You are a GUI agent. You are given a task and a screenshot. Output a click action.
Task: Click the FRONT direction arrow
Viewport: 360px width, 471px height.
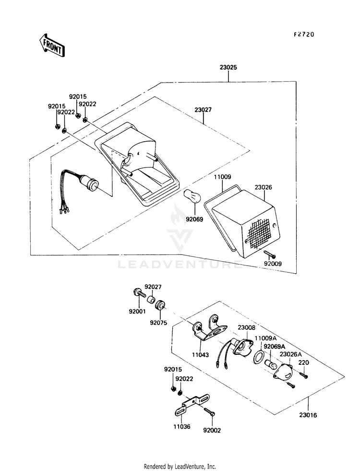click(52, 46)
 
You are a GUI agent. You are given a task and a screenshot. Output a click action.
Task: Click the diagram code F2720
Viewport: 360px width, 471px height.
click(303, 35)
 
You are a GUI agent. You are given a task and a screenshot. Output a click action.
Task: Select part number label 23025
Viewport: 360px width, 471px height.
click(228, 67)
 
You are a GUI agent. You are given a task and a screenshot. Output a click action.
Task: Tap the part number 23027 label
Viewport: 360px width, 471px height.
click(203, 110)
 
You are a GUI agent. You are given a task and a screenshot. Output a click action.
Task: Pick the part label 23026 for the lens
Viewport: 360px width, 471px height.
click(264, 187)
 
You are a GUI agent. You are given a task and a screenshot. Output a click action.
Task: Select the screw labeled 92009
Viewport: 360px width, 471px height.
click(270, 255)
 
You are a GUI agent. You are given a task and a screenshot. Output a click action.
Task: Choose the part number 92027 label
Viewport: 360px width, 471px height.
click(153, 287)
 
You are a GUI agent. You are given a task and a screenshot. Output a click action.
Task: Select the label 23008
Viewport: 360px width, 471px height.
click(247, 327)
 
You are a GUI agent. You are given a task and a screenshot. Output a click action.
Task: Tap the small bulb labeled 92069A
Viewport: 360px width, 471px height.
click(270, 364)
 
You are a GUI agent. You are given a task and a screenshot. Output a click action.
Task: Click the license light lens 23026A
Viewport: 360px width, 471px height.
click(283, 370)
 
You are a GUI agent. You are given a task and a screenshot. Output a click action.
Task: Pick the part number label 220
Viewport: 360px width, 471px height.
click(304, 362)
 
